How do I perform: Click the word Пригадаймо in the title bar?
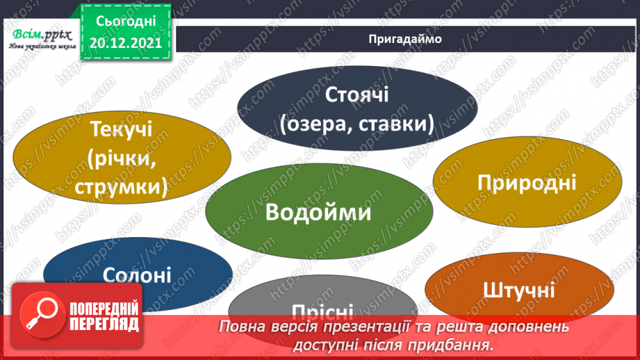(x=406, y=39)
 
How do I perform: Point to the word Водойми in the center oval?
(x=319, y=212)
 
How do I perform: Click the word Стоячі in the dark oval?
(x=357, y=94)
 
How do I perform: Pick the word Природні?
(x=527, y=183)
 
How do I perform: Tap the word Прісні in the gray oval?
(x=322, y=311)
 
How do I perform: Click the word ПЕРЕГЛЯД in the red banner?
(x=104, y=325)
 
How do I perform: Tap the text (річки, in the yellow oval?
(x=120, y=159)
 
